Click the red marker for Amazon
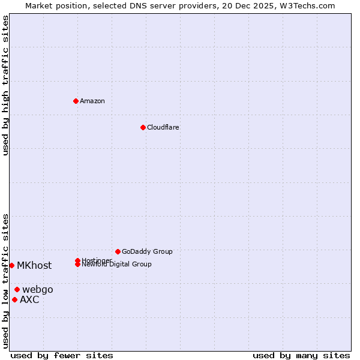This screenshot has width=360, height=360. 76,101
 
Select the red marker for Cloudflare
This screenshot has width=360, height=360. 143,127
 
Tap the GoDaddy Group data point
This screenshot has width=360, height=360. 118,251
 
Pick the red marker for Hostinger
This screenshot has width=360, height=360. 78,260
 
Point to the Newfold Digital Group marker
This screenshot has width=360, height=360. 78,264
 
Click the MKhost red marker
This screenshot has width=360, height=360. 11,265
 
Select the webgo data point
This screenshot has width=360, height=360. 17,289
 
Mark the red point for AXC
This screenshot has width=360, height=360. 14,299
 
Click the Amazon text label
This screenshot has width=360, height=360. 92,101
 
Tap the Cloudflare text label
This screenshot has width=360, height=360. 163,127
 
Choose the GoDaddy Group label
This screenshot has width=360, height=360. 147,251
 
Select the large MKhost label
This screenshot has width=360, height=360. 34,265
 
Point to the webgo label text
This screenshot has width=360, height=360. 38,289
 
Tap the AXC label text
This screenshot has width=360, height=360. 29,299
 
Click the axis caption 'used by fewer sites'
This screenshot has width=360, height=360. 62,355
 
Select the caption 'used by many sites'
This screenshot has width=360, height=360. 301,355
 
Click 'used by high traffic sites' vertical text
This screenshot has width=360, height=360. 5,85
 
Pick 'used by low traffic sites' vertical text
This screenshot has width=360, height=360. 5,280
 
